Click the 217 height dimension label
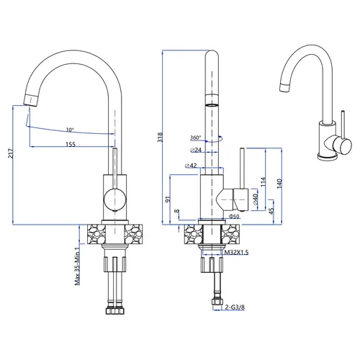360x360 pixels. pyautogui.click(x=11, y=153)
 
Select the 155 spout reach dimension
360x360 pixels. pyautogui.click(x=71, y=144)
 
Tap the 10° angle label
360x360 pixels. pyautogui.click(x=70, y=130)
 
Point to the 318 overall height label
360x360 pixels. pyautogui.click(x=160, y=138)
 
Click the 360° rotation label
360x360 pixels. pyautogui.click(x=195, y=138)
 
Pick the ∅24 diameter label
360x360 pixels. pyautogui.click(x=196, y=150)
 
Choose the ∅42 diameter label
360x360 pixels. pyautogui.click(x=191, y=166)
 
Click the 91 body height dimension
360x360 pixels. pyautogui.click(x=168, y=199)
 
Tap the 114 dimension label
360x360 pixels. pyautogui.click(x=264, y=182)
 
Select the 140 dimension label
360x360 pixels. pyautogui.click(x=279, y=184)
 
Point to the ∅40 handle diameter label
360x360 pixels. pyautogui.click(x=255, y=199)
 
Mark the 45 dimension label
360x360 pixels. pyautogui.click(x=271, y=211)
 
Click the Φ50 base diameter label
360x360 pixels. pyautogui.click(x=234, y=216)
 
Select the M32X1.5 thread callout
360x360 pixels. pyautogui.click(x=236, y=252)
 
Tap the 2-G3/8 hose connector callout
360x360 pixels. pyautogui.click(x=235, y=307)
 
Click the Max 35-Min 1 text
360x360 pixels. pyautogui.click(x=77, y=266)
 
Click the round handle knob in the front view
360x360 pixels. pyautogui.click(x=114, y=199)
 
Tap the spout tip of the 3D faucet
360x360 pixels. pyautogui.click(x=284, y=87)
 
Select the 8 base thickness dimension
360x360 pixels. pyautogui.click(x=177, y=211)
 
